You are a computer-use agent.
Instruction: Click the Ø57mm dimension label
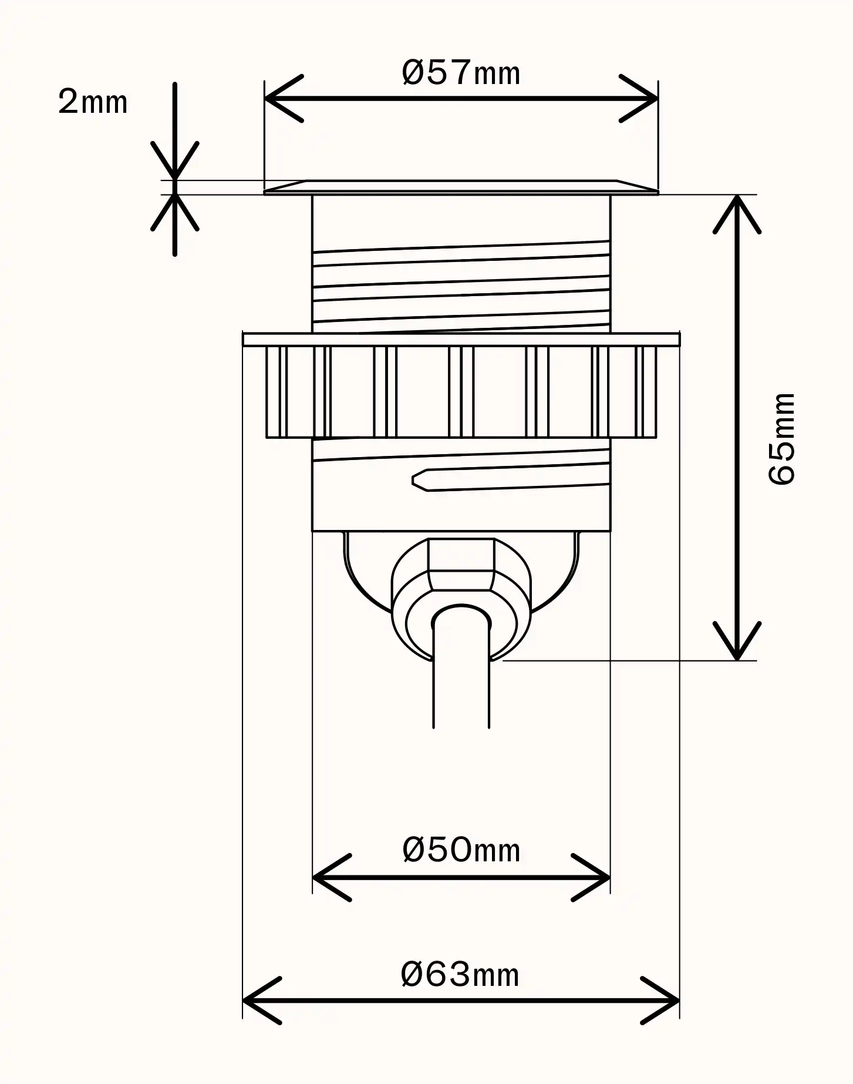coord(461,73)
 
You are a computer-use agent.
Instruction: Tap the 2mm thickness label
coord(93,102)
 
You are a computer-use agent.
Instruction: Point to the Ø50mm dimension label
coord(461,850)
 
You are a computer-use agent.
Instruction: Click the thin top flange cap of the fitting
coord(461,187)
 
